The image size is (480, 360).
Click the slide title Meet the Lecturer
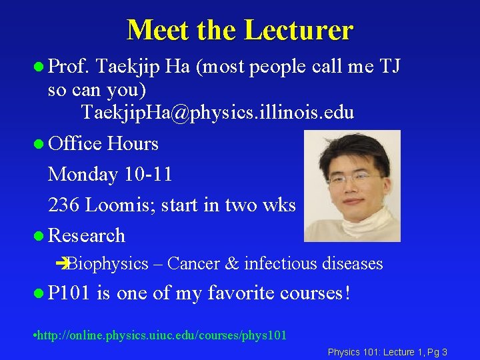239,30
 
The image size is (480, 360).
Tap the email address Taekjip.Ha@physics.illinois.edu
217,113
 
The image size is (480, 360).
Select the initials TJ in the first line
387,66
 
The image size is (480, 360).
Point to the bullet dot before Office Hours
39,144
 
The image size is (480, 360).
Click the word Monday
83,175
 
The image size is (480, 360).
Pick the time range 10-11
148,175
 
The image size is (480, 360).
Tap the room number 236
65,205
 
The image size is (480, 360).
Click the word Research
87,236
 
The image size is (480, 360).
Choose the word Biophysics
108,264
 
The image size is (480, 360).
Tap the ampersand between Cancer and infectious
232,264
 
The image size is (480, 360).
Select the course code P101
70,293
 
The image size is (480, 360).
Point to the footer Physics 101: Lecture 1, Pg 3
387,351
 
